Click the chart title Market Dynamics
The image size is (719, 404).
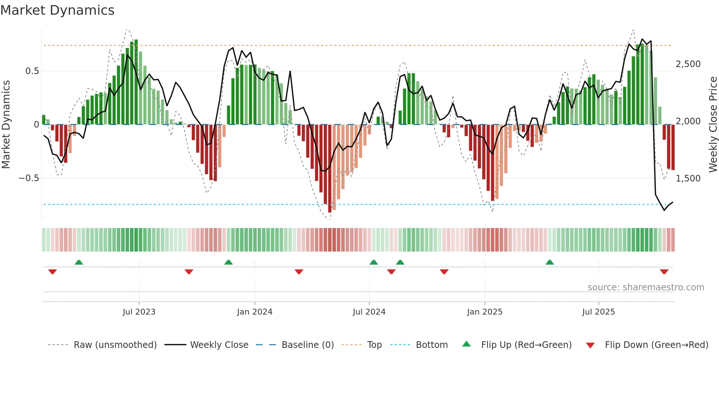(x=57, y=10)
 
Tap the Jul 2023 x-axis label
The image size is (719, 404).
(x=139, y=312)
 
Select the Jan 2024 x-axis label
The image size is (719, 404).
(x=255, y=312)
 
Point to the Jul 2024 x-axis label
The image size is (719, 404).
(x=369, y=312)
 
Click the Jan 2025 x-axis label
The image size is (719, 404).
(x=485, y=312)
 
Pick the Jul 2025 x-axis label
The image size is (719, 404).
(x=598, y=312)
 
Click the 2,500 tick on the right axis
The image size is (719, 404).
(x=688, y=64)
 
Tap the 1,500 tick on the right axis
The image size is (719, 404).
(x=688, y=179)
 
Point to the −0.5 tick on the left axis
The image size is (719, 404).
(x=29, y=178)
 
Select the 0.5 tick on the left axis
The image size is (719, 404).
(x=32, y=71)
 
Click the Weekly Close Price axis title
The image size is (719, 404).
(x=713, y=125)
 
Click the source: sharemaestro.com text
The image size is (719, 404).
(x=646, y=287)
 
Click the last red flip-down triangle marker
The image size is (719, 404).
(x=664, y=272)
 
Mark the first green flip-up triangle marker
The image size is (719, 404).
(x=79, y=262)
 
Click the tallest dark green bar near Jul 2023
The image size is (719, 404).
(x=136, y=82)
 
